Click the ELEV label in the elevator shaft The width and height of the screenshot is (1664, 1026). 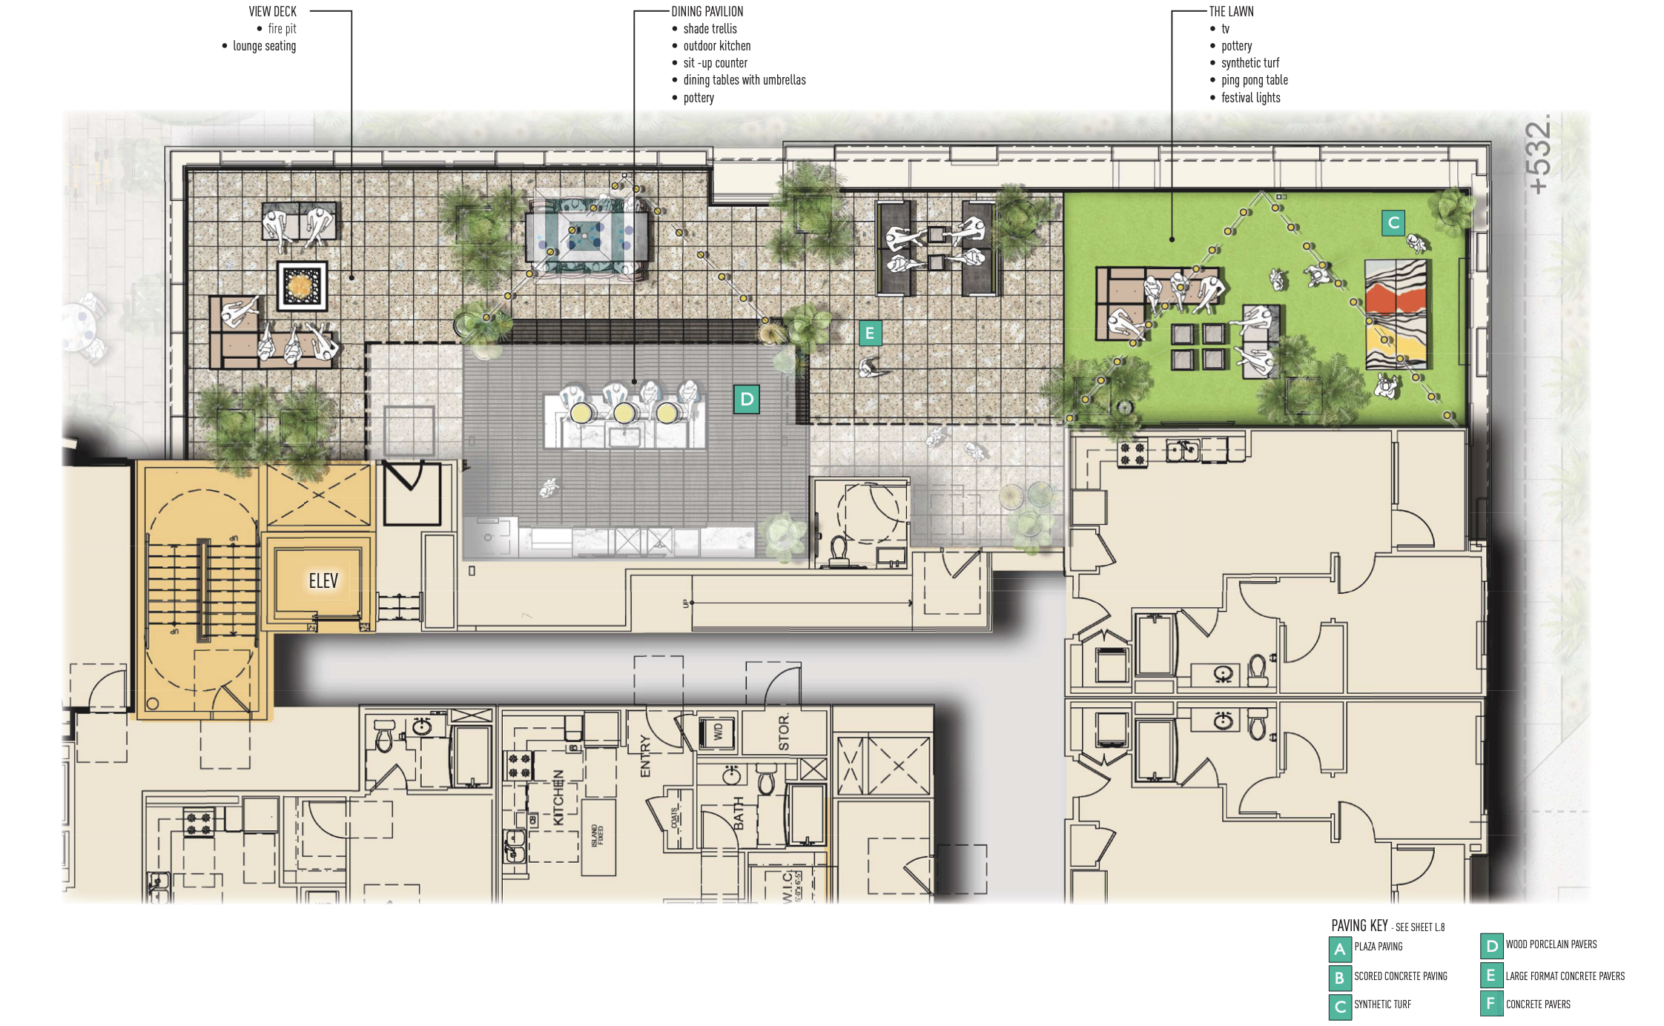pos(323,581)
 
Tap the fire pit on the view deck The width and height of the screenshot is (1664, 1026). pos(302,285)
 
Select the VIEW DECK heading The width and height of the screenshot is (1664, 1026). pos(272,12)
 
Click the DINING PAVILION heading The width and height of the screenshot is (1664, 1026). pos(707,12)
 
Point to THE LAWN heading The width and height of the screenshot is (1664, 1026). pos(1231,12)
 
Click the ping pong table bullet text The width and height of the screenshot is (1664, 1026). pos(1254,80)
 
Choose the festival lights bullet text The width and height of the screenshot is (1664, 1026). pos(1250,98)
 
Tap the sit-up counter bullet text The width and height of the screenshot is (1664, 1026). pos(715,63)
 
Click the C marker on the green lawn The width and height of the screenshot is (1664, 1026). pos(1393,222)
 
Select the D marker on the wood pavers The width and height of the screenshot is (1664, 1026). pos(747,400)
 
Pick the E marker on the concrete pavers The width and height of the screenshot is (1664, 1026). pos(870,334)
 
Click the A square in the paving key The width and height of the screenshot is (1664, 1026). pos(1339,949)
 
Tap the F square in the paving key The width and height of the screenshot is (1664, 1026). pos(1490,1004)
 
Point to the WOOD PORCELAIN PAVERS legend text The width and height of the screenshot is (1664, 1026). pos(1551,944)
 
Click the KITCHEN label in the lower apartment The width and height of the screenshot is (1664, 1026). pos(558,797)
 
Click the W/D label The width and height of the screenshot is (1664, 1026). pos(717,732)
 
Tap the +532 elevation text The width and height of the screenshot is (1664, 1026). pos(1539,158)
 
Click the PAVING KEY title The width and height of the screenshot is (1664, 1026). pos(1359,926)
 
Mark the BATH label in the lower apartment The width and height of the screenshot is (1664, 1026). pos(739,813)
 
